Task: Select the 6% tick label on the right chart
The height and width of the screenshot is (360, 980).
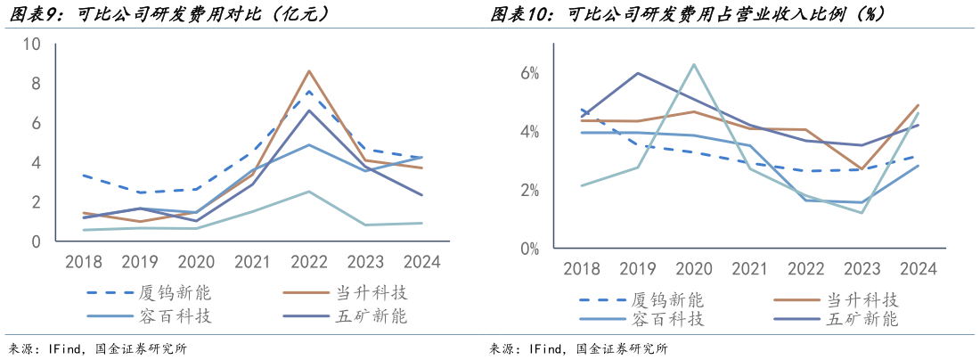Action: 530,73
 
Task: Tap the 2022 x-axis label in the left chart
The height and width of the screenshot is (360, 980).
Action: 308,263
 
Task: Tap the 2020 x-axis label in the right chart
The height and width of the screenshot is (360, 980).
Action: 694,269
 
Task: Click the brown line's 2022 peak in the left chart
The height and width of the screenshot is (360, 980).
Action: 308,71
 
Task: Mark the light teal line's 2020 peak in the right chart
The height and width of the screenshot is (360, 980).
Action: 694,64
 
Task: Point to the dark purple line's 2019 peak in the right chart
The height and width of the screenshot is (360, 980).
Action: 638,73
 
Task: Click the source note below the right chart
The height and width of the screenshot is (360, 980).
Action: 580,348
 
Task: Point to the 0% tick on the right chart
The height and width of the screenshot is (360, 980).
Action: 530,250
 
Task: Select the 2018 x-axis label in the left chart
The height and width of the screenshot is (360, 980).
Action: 83,263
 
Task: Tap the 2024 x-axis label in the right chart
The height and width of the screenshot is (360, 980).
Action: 918,269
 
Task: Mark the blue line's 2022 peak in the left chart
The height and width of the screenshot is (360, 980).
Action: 308,144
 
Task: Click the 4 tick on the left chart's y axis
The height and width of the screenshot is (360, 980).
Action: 36,163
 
